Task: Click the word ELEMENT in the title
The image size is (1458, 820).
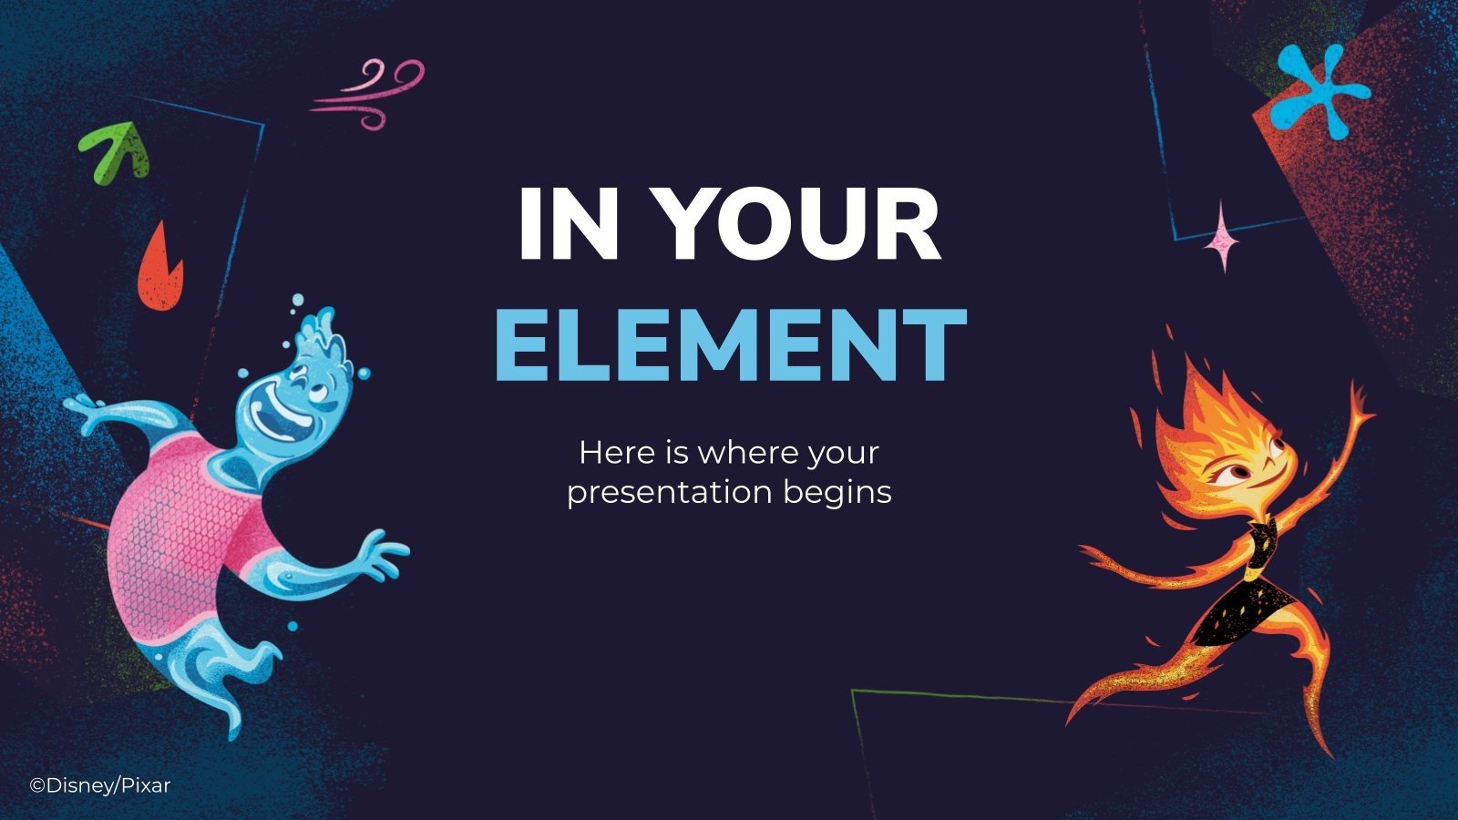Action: tap(729, 345)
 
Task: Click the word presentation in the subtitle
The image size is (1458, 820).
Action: tap(672, 493)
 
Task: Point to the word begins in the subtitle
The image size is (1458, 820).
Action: tap(837, 493)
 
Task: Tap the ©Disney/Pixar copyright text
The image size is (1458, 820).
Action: tap(100, 785)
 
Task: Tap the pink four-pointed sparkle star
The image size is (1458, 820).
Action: tap(1222, 238)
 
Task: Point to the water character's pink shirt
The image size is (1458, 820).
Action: tap(182, 538)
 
